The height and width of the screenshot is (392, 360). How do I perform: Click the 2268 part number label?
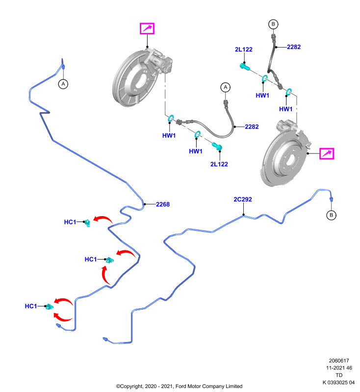(163, 204)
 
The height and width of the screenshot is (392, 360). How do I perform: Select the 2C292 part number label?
(243, 199)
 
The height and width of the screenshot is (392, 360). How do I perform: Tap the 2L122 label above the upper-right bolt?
(244, 49)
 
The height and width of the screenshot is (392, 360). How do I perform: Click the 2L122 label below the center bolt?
(219, 164)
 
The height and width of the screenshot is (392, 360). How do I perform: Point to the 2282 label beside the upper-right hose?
(294, 47)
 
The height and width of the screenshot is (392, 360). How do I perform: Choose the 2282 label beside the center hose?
(252, 127)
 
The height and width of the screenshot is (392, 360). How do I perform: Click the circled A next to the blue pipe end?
(63, 84)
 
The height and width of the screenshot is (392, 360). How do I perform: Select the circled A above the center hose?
(226, 87)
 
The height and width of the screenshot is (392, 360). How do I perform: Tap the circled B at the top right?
(273, 24)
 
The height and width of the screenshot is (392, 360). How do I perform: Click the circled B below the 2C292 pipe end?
(331, 215)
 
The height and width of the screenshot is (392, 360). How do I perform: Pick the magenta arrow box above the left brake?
(147, 28)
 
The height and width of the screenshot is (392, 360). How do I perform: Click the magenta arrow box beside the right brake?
(327, 153)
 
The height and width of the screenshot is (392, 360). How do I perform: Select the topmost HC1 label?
(70, 222)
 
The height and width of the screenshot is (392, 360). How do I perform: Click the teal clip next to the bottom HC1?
(50, 307)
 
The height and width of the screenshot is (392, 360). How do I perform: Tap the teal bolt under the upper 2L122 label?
(244, 67)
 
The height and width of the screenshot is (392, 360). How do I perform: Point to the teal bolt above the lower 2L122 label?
(217, 146)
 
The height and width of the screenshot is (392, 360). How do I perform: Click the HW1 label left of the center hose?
(169, 136)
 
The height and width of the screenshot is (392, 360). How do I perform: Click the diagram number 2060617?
(339, 361)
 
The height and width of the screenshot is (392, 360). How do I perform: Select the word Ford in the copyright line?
(181, 386)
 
